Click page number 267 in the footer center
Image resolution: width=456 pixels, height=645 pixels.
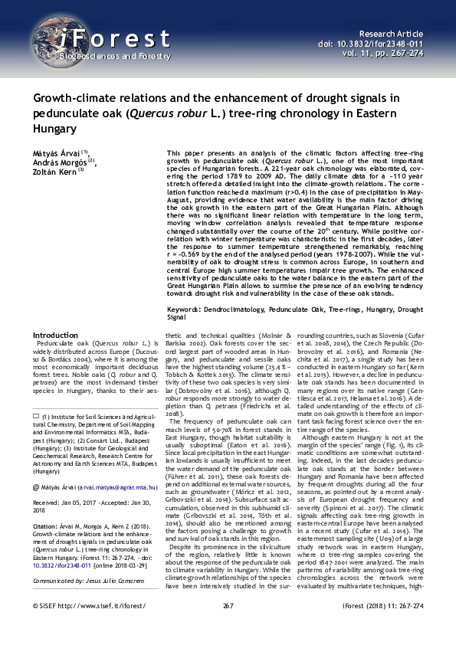228,626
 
